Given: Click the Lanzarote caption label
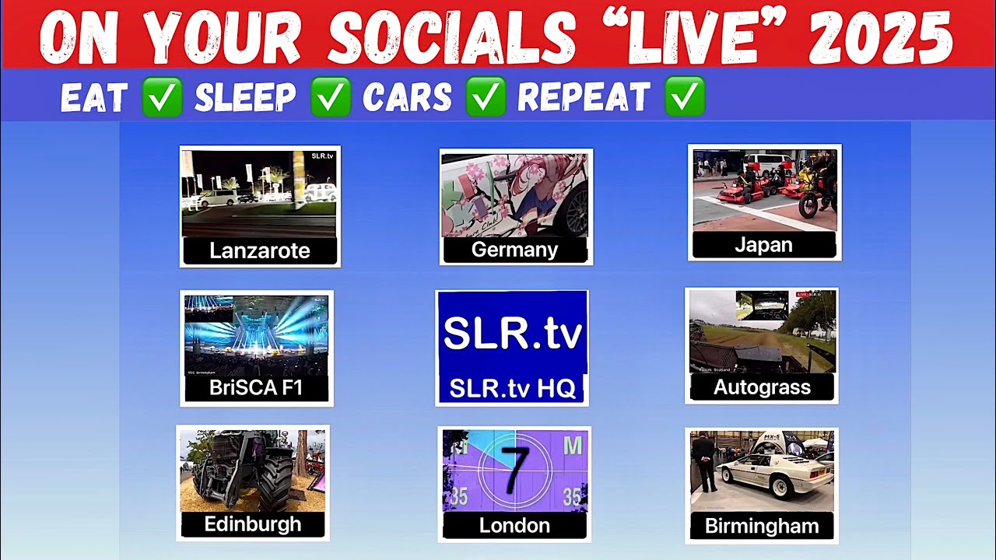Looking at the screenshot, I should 260,250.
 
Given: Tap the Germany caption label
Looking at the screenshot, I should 514,250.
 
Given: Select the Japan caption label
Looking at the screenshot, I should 763,245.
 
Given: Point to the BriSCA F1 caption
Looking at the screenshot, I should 256,387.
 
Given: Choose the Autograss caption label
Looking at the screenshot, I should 762,387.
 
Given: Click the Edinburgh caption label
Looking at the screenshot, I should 252,524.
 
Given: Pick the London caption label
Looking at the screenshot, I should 514,526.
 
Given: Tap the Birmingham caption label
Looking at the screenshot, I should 761,526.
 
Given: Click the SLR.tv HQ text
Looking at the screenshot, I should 512,387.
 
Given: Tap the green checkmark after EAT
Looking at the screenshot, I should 163,97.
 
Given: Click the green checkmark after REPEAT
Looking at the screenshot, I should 685,97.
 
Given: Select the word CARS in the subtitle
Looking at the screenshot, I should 407,98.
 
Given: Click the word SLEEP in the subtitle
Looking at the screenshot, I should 245,98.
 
